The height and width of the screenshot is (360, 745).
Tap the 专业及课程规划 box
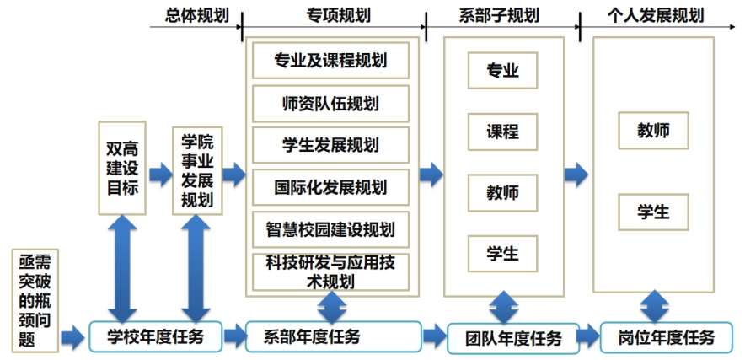[x=330, y=61]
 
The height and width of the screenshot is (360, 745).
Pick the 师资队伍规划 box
[x=330, y=104]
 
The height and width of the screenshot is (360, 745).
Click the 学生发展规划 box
[x=330, y=145]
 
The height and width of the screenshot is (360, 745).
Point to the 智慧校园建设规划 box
[x=330, y=228]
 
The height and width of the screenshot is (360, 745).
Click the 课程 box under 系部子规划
[x=502, y=132]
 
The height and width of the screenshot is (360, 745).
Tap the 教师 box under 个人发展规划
[x=653, y=131]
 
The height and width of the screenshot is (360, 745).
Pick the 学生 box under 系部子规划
[x=502, y=252]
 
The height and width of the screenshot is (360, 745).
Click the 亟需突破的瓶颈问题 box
[x=35, y=299]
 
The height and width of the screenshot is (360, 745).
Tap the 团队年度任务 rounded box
[x=513, y=339]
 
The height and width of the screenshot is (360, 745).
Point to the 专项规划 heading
[x=339, y=15]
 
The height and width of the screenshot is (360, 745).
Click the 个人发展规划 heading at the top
[x=656, y=15]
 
